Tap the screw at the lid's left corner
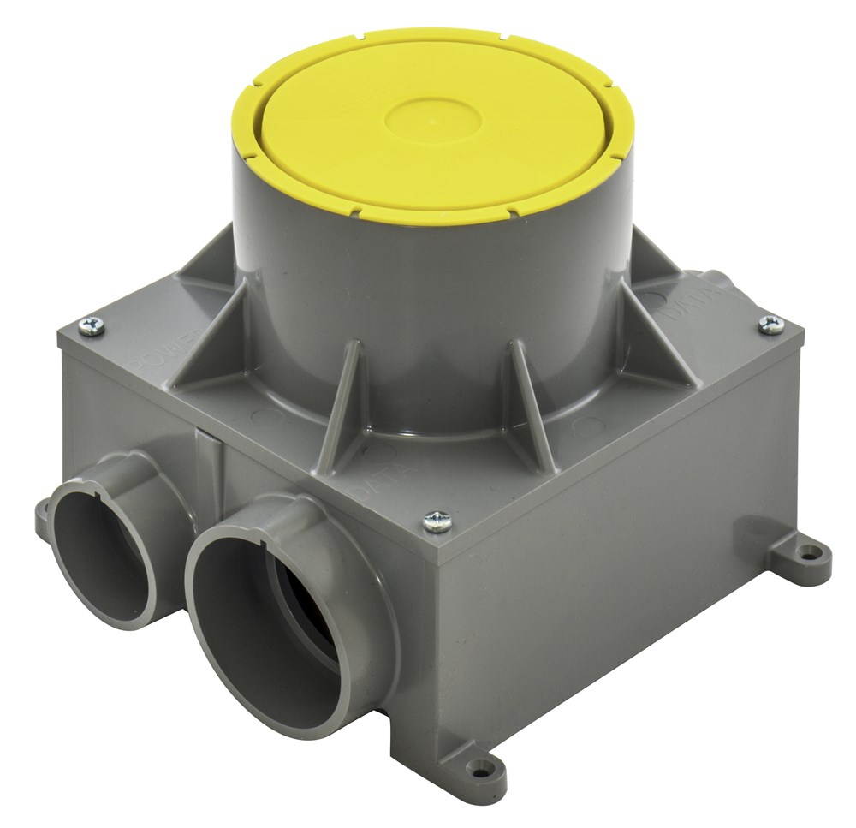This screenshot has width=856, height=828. pos(92,325)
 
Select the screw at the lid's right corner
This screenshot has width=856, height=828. pos(770,323)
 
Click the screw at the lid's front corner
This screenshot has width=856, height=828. pos(438,520)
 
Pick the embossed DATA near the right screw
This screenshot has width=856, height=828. pos(685,308)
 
